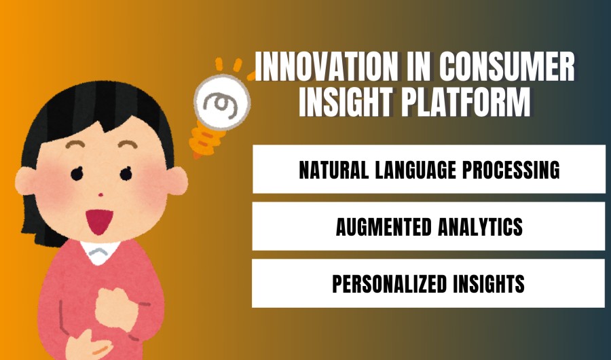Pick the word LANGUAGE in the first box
(x=418, y=170)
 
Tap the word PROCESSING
(x=513, y=170)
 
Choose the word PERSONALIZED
(x=393, y=284)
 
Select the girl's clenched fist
(x=112, y=310)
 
